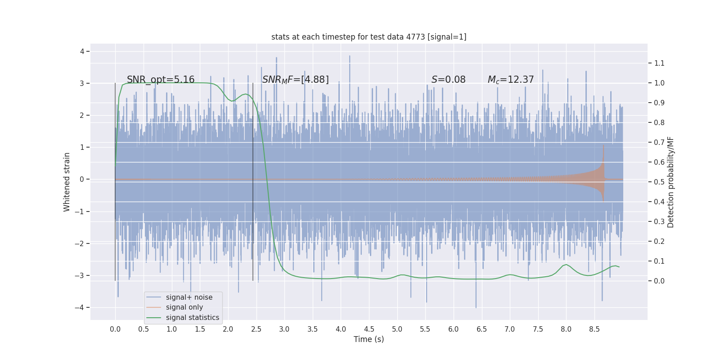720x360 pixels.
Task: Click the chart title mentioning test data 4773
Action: coord(369,37)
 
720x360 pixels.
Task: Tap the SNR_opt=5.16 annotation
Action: coord(161,80)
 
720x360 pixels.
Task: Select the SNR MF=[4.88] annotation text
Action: coord(295,80)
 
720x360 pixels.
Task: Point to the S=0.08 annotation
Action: coord(448,80)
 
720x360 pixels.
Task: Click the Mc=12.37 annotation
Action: coord(511,80)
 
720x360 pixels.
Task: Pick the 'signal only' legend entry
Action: coord(184,307)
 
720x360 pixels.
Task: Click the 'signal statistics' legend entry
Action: coord(192,318)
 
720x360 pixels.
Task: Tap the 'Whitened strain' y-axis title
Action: coord(67,182)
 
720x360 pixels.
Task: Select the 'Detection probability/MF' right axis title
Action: coord(671,182)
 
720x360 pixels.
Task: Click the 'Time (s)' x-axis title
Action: coord(369,339)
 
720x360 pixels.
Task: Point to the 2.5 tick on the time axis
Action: coord(256,329)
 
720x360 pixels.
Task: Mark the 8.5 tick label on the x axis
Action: coord(594,329)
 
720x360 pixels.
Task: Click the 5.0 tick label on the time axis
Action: coord(397,329)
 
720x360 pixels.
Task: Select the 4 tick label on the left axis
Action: coord(82,51)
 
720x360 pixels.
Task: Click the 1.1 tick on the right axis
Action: coord(659,63)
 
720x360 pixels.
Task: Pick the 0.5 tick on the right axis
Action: coord(659,182)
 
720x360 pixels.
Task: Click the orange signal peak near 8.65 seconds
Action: coord(603,146)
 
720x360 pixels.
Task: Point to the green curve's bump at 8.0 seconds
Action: coord(566,265)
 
